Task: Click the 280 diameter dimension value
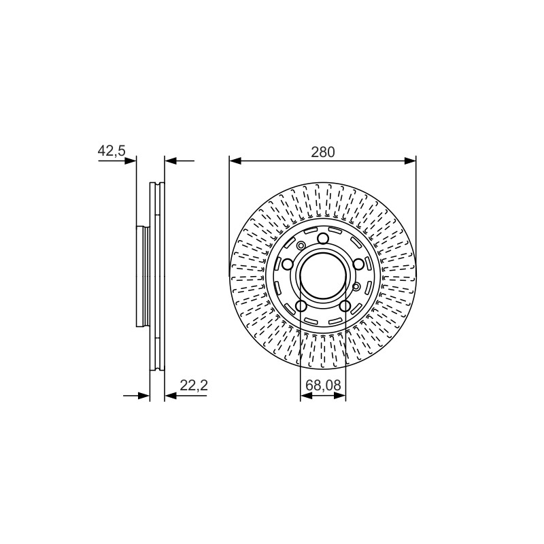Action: click(x=322, y=152)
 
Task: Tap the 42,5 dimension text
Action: click(x=112, y=151)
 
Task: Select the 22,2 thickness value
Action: click(x=194, y=385)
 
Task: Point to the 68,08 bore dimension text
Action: click(x=324, y=385)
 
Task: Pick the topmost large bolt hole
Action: click(x=324, y=239)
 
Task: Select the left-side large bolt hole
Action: click(x=288, y=265)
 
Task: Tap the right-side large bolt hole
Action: click(x=358, y=265)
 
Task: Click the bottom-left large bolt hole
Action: click(x=301, y=306)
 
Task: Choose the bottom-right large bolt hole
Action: click(x=345, y=306)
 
